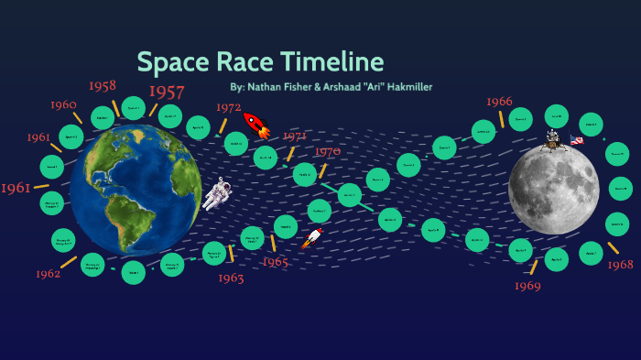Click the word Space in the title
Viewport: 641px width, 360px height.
point(172,62)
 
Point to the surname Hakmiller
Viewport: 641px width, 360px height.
point(401,87)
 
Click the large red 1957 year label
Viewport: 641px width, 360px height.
point(167,92)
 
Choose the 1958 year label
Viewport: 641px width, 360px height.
point(102,86)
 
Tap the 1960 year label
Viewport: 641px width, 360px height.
point(63,105)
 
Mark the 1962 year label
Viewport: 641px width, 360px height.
point(49,274)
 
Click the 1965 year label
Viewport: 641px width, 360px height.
point(275,262)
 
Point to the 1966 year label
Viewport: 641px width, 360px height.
point(499,102)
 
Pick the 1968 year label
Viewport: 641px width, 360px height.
point(620,265)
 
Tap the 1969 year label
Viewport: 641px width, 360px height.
point(527,286)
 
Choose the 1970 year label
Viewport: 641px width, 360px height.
point(327,151)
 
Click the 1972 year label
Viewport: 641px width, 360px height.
point(228,107)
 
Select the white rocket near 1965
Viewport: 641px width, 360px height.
point(312,238)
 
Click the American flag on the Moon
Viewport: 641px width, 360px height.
point(577,140)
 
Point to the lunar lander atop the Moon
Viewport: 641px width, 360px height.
point(553,139)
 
